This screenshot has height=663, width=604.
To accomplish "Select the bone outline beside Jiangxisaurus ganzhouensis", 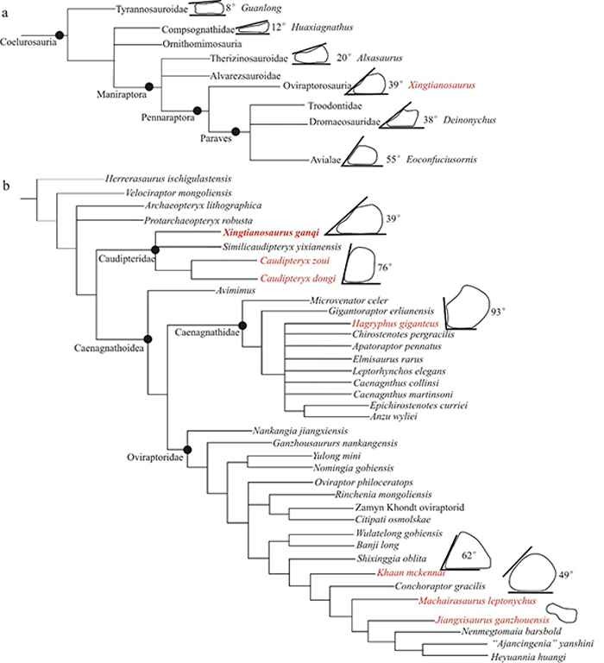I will [x=564, y=614].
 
